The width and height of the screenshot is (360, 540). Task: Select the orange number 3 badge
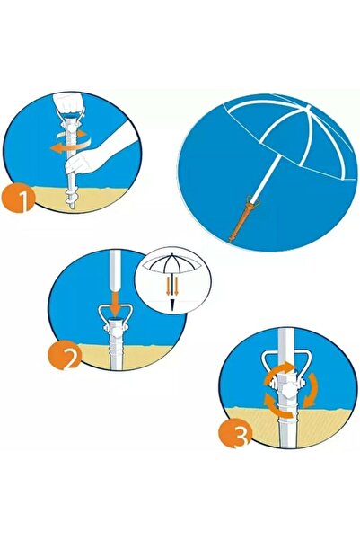[236, 432]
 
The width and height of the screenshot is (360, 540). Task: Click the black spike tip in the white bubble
[171, 305]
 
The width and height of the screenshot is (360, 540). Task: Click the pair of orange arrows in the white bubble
[172, 285]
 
